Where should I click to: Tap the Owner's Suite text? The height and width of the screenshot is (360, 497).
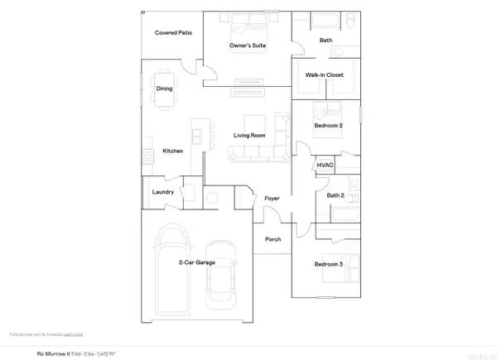tap(247, 47)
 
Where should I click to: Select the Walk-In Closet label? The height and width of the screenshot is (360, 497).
tap(324, 75)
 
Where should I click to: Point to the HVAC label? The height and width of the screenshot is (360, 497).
tap(325, 166)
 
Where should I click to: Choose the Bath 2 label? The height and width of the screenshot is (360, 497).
tap(335, 195)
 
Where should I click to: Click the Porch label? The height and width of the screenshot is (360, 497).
tap(273, 239)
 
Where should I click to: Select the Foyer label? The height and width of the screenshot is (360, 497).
tap(272, 199)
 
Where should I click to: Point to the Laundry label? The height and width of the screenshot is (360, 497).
tap(162, 192)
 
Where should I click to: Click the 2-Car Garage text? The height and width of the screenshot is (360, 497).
tap(197, 262)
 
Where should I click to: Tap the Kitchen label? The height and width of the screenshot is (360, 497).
tap(172, 151)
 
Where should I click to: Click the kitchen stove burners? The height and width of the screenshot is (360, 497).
tap(147, 155)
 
